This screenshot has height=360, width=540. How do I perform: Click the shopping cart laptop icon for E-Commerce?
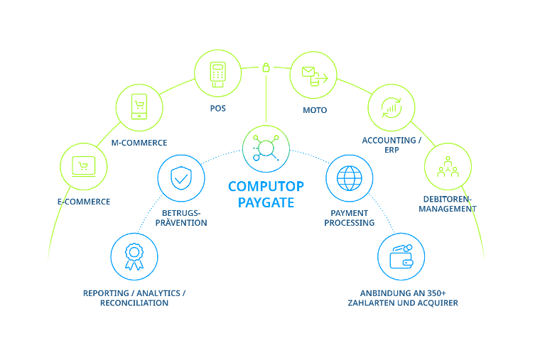point(84,167)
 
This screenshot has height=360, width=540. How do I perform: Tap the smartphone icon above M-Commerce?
point(139,107)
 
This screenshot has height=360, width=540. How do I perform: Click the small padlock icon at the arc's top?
point(266,67)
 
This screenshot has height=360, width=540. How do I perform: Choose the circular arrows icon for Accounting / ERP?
point(391,107)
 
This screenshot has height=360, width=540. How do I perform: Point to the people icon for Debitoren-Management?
point(448,167)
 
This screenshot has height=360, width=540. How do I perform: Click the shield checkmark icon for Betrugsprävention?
point(181,178)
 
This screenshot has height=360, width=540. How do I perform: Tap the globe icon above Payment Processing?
point(350,178)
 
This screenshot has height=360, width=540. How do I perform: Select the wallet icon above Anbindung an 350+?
point(401,256)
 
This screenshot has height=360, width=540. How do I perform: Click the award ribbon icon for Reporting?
point(134,256)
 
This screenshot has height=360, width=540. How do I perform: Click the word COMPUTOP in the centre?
point(266,187)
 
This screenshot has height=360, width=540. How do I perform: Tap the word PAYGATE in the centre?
point(266,202)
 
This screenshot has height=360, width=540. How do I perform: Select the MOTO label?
point(315,110)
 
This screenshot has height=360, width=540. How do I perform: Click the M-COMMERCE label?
point(139,143)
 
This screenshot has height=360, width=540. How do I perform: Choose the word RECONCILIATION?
point(134,303)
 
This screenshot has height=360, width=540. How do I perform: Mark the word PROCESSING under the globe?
point(349,223)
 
